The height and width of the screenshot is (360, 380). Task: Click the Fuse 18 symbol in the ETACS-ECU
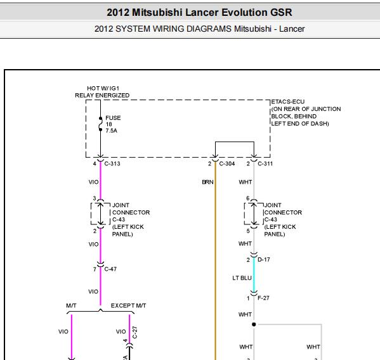coord(100,124)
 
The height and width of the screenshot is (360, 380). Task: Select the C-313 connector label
coord(112,164)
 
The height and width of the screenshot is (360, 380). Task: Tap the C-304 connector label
coord(227,164)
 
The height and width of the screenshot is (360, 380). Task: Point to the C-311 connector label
coord(265,164)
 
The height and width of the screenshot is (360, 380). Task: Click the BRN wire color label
coord(207,182)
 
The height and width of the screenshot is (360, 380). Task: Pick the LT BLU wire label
coord(242,278)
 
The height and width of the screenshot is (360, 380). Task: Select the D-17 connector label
coord(264,259)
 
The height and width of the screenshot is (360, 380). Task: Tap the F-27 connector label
coord(263,298)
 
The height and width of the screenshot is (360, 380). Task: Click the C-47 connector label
coord(110,269)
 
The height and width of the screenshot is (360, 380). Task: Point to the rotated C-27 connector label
coord(135,332)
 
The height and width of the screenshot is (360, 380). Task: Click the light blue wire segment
coord(254,275)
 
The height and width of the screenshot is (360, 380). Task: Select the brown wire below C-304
coord(215,260)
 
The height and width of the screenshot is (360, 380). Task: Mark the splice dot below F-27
coord(254,325)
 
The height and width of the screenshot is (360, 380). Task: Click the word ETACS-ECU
coord(288,101)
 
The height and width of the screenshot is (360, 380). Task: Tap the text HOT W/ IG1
coord(103,88)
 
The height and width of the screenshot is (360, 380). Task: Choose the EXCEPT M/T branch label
coord(128,305)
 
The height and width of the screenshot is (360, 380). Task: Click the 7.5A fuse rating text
coord(111,131)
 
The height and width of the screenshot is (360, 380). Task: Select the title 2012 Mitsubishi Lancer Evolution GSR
coord(199,12)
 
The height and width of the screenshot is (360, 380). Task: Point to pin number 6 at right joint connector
coord(247,198)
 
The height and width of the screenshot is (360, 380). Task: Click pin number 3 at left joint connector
coord(95,198)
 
